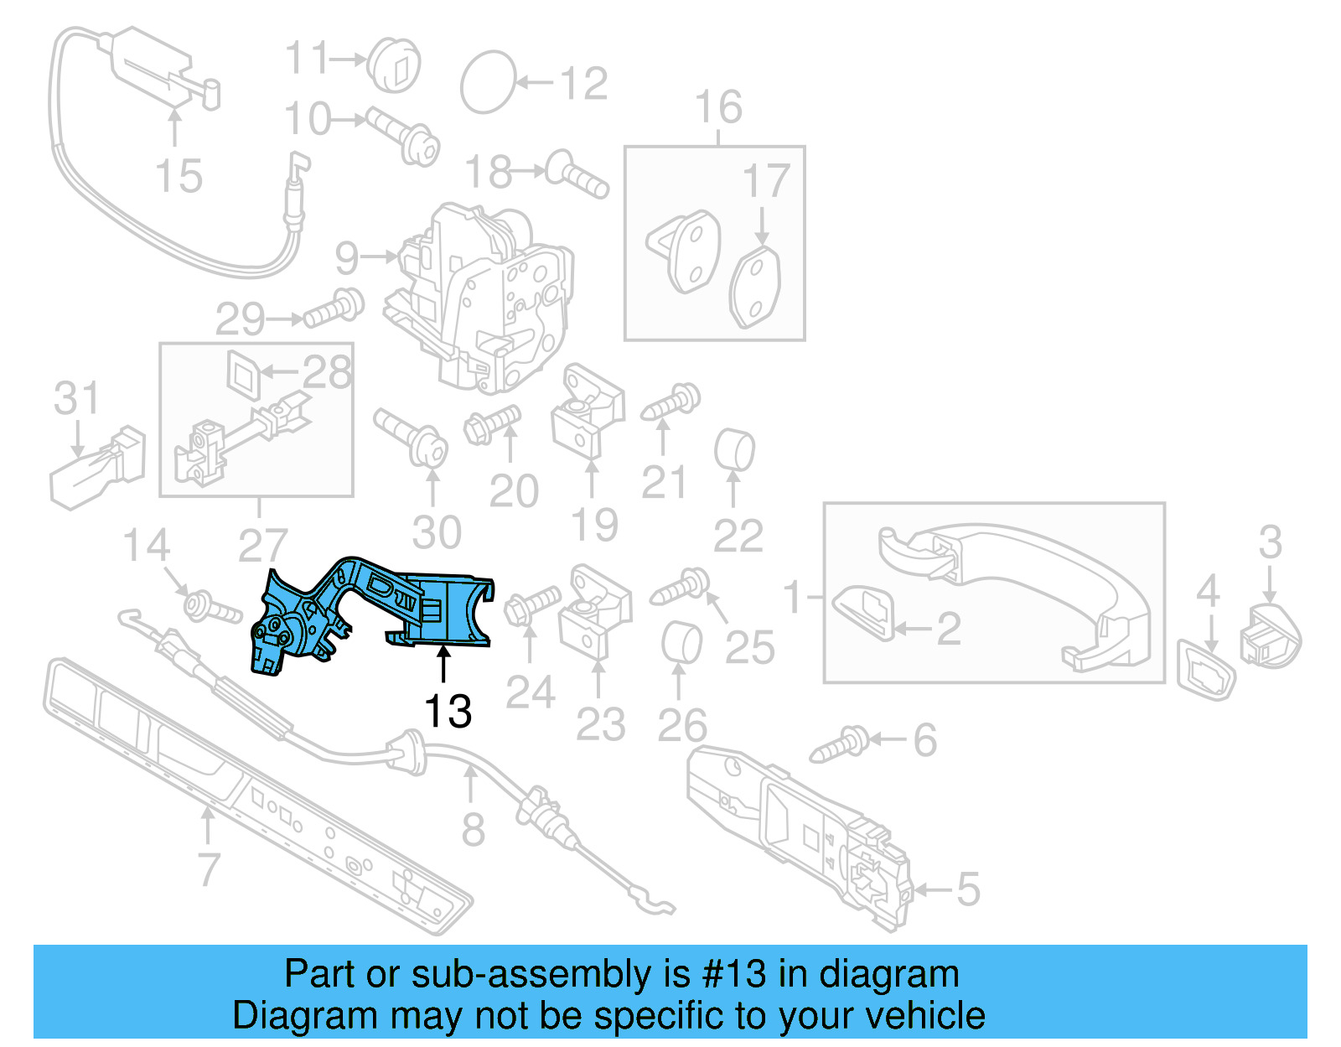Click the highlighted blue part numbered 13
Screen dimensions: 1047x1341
pyautogui.click(x=377, y=612)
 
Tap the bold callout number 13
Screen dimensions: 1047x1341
pyautogui.click(x=448, y=712)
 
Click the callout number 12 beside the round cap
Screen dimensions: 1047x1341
pyautogui.click(x=583, y=84)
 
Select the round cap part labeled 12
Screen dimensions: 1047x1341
pyautogui.click(x=488, y=82)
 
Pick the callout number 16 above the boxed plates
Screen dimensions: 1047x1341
pyautogui.click(x=718, y=107)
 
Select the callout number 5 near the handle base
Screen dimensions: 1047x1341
pyautogui.click(x=968, y=889)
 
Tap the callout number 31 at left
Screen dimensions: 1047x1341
pyautogui.click(x=76, y=398)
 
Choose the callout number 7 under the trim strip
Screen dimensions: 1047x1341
pyautogui.click(x=209, y=869)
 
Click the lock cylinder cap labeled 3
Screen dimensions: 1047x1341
pyautogui.click(x=1271, y=637)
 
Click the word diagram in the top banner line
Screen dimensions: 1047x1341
pyautogui.click(x=888, y=975)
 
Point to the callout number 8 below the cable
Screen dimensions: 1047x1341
pyautogui.click(x=474, y=830)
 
